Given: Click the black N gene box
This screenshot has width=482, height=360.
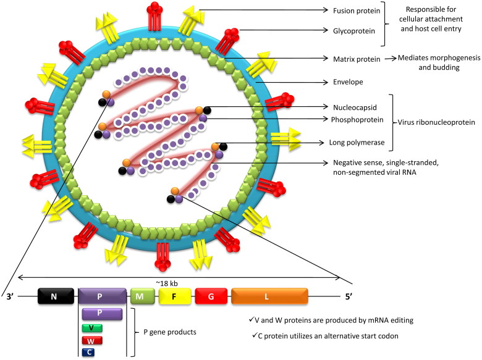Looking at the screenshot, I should pos(54,296).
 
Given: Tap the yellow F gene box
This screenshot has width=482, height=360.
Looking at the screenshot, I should pos(174,296).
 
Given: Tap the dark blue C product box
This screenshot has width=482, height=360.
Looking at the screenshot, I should pos(91,352).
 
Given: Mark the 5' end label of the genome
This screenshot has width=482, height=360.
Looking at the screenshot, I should pos(350,297).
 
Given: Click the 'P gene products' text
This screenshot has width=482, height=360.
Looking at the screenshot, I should pos(175,332).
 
